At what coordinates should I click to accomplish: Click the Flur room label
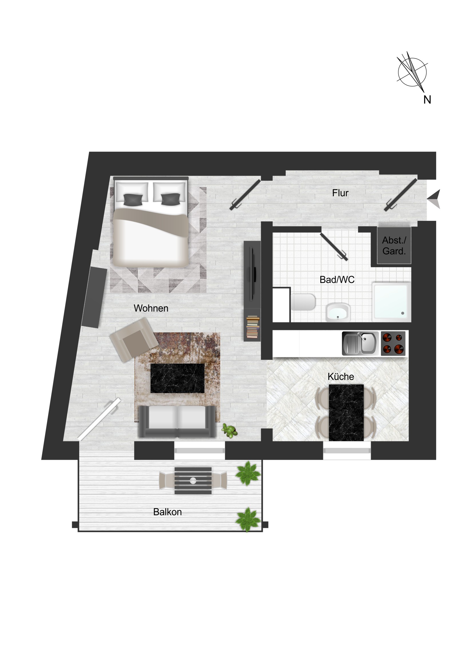click(340, 193)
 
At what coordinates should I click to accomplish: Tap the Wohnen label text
click(151, 308)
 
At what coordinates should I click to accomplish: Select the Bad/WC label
click(337, 280)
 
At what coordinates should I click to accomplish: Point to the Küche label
click(341, 376)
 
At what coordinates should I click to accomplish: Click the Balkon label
click(167, 512)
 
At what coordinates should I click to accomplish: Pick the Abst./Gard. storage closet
click(394, 245)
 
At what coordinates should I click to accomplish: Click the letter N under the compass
click(427, 100)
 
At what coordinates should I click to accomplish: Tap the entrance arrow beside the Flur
click(434, 199)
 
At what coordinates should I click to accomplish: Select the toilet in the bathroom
click(303, 302)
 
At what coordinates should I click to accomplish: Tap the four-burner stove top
click(393, 343)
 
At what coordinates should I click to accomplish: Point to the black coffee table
click(177, 378)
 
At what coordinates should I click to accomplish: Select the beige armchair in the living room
click(134, 339)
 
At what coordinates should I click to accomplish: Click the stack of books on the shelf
click(253, 327)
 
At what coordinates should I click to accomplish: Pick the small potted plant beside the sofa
click(229, 431)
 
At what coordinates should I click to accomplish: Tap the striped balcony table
click(193, 481)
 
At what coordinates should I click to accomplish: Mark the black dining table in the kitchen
click(346, 413)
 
